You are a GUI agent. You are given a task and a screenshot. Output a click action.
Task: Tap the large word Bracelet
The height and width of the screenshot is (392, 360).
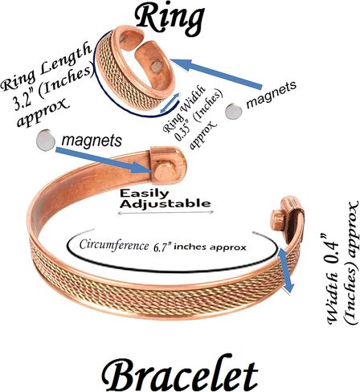point(180,373)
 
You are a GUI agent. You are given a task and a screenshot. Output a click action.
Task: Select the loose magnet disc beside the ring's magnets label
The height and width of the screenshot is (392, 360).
point(234,112)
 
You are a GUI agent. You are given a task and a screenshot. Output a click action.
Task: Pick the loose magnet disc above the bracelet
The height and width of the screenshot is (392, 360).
point(46,140)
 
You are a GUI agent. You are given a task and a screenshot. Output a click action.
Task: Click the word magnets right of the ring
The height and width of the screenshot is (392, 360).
point(272,94)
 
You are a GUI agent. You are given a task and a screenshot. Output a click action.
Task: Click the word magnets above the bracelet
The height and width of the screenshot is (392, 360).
point(92,141)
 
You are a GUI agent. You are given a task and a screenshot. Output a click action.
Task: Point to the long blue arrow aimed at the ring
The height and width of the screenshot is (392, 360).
point(216,73)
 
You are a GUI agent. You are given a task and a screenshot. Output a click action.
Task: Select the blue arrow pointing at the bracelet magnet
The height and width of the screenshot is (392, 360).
point(104,160)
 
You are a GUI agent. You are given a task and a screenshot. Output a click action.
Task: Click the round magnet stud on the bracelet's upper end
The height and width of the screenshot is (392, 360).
point(165,174)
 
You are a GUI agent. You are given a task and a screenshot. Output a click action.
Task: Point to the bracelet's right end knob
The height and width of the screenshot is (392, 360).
point(278,219)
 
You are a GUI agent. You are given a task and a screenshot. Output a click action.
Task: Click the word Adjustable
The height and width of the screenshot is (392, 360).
point(165,203)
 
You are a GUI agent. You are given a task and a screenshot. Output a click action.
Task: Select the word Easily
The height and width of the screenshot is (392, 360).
point(144,194)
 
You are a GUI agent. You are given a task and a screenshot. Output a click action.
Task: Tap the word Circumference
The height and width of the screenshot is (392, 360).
point(113,245)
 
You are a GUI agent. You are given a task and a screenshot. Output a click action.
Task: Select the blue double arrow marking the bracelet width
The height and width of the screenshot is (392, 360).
point(285,270)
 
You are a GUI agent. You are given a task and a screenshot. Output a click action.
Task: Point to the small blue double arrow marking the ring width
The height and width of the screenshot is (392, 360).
point(170,103)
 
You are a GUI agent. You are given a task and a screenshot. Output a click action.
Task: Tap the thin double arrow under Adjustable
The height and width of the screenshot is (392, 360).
point(166,213)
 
